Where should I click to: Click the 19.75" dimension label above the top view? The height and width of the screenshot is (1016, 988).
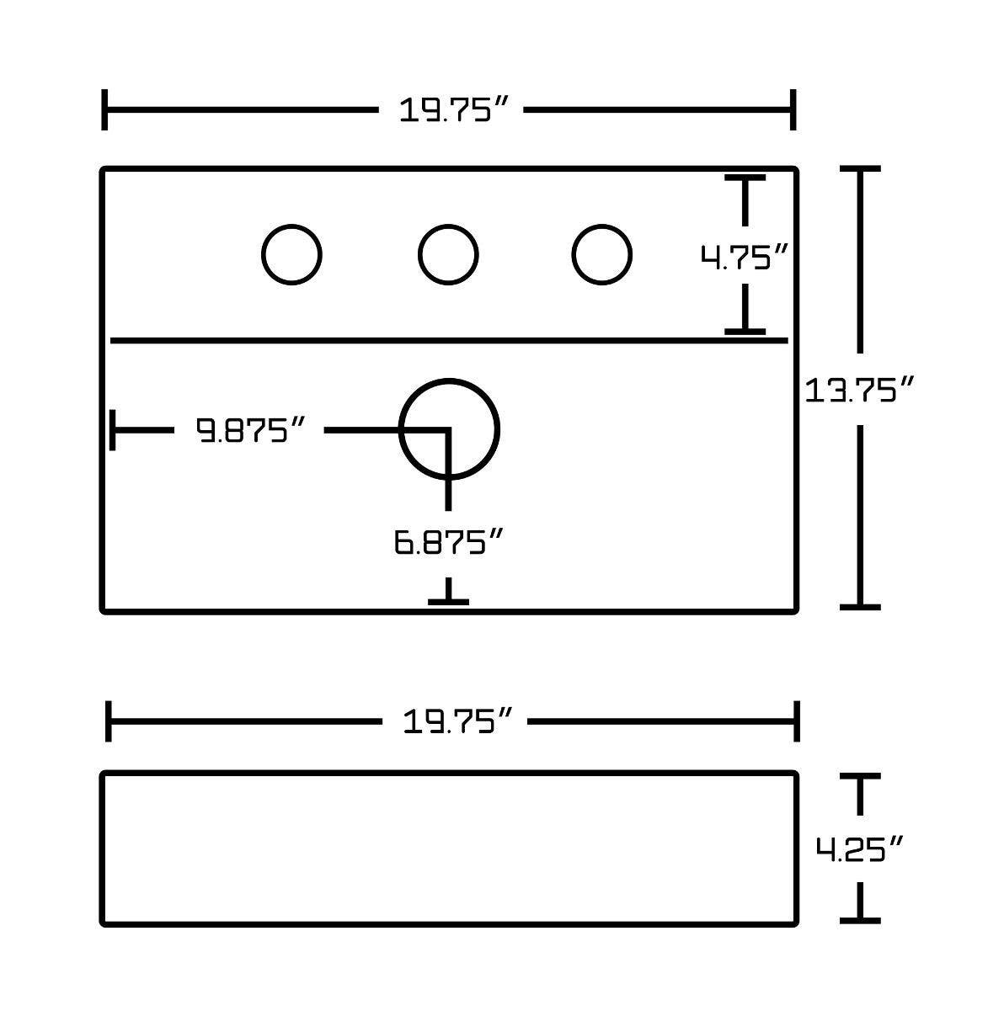click(455, 110)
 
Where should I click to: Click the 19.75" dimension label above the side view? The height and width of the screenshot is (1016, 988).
click(458, 721)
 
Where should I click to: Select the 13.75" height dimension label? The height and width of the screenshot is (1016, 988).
click(859, 390)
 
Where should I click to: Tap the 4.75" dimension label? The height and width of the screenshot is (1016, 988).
click(745, 257)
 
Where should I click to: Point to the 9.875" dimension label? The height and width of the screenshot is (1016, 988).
click(249, 430)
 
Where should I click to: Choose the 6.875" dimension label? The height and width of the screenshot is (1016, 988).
click(448, 542)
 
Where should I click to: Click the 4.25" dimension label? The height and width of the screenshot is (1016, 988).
click(859, 849)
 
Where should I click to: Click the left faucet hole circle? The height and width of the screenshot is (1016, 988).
click(291, 254)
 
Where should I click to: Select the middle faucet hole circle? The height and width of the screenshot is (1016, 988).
click(448, 254)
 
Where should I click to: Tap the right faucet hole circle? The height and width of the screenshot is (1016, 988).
click(601, 254)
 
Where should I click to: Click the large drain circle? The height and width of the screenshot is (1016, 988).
click(449, 429)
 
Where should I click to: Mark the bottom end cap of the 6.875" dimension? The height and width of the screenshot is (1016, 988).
click(448, 601)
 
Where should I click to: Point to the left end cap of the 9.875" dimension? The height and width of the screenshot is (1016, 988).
click(113, 430)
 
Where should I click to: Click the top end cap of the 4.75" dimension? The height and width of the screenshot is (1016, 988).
click(745, 178)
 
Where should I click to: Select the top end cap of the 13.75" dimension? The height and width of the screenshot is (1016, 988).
click(859, 169)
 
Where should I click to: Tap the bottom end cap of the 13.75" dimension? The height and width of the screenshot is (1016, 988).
click(859, 606)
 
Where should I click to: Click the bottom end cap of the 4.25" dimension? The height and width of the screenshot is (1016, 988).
click(859, 920)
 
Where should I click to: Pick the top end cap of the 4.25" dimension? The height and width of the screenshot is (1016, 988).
click(859, 776)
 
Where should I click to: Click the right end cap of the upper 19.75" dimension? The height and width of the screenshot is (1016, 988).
click(793, 110)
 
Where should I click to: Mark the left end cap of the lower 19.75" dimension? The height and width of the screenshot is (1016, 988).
click(109, 721)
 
